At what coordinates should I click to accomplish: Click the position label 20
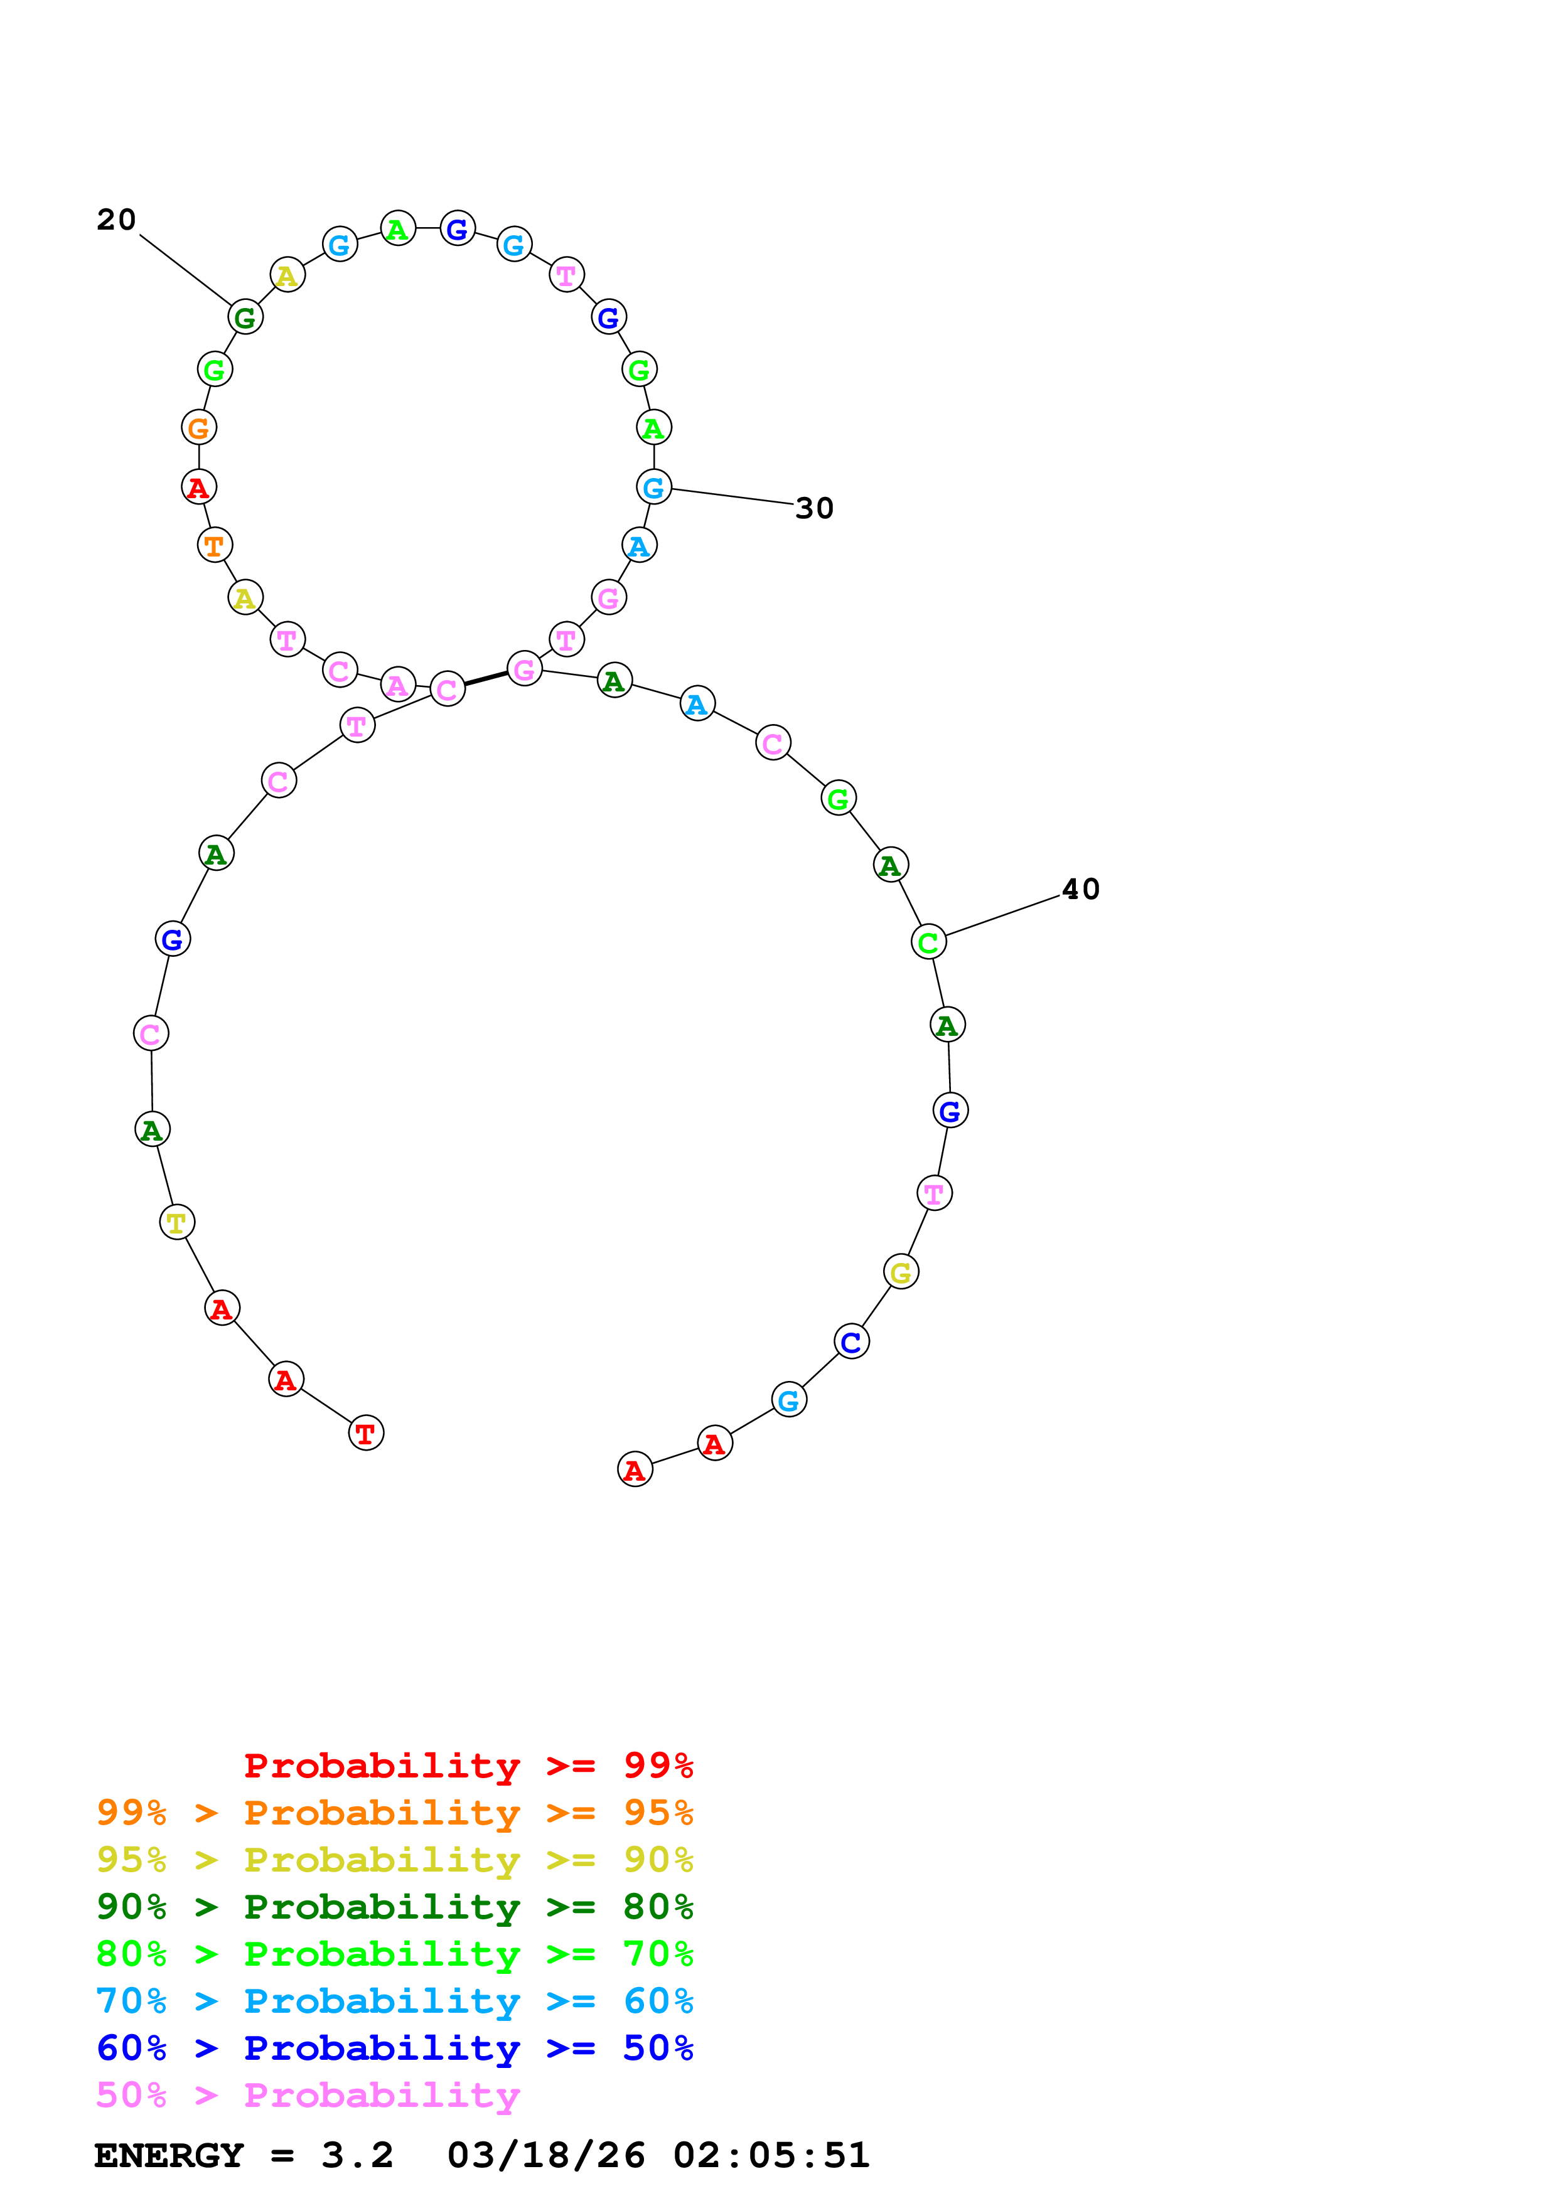[x=116, y=220]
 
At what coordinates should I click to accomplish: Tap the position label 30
[x=814, y=508]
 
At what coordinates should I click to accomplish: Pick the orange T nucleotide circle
[x=215, y=545]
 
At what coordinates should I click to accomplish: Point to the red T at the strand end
[x=365, y=1433]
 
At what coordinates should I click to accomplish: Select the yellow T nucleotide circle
[x=176, y=1222]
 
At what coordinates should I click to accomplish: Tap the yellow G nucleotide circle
[x=900, y=1272]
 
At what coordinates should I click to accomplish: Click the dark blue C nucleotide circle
[x=851, y=1341]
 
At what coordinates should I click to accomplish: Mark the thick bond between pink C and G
[x=486, y=679]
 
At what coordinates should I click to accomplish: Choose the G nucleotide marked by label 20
[x=245, y=317]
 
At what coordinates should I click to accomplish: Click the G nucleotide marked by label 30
[x=654, y=487]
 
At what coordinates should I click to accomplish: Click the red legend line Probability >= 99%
[x=468, y=1765]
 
